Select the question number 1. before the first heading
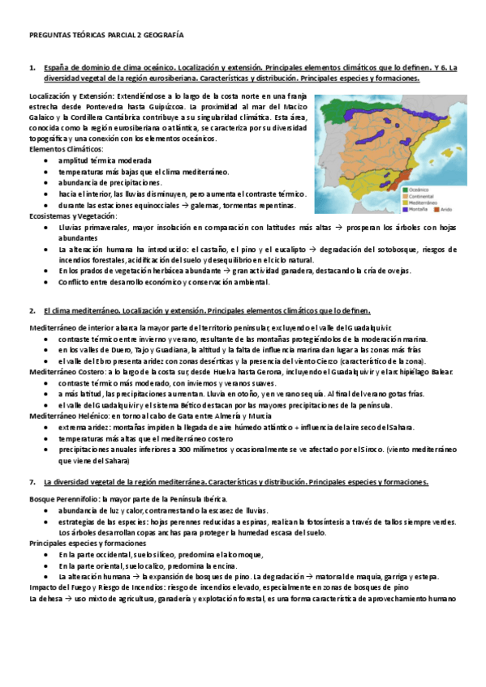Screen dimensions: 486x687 click(x=32, y=68)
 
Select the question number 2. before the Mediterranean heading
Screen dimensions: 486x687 click(x=32, y=310)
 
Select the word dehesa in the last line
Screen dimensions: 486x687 click(x=53, y=599)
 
